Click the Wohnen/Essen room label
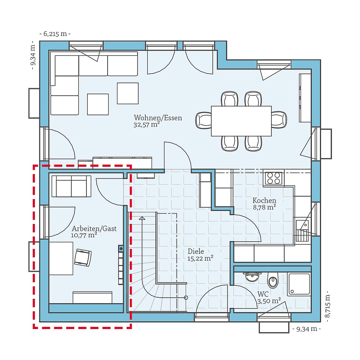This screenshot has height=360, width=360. pyautogui.click(x=158, y=118)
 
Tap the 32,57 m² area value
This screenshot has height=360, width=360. pyautogui.click(x=146, y=125)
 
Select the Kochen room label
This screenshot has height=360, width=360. pyautogui.click(x=264, y=201)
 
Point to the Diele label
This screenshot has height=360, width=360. pyautogui.click(x=196, y=251)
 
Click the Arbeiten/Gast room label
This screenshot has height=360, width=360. pyautogui.click(x=94, y=229)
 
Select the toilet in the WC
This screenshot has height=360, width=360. pyautogui.click(x=273, y=280)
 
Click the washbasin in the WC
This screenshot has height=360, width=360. pyautogui.click(x=252, y=276)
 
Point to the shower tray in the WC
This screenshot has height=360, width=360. pyautogui.click(x=298, y=284)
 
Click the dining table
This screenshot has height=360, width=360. pyautogui.click(x=241, y=121)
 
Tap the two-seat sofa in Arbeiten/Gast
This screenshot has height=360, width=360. pyautogui.click(x=71, y=186)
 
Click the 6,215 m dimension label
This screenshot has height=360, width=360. pyautogui.click(x=55, y=34)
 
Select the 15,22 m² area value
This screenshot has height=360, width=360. pyautogui.click(x=200, y=258)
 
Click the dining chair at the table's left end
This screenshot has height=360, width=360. pyautogui.click(x=204, y=120)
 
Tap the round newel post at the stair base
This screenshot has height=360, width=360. pyautogui.click(x=186, y=297)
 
